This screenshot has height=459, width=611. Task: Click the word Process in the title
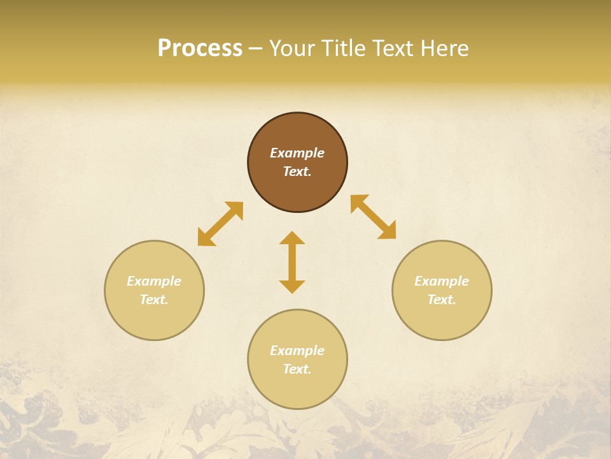click(x=200, y=48)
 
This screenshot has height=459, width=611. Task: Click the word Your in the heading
click(x=292, y=48)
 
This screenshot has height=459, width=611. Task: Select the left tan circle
click(x=154, y=319)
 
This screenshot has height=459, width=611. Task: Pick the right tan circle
click(x=442, y=319)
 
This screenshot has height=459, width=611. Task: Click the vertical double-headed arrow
click(x=292, y=262)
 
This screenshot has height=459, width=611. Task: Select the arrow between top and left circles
click(x=220, y=224)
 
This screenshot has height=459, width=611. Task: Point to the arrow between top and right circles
click(x=373, y=217)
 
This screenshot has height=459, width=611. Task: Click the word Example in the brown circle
click(x=297, y=153)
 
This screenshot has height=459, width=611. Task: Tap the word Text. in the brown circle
click(x=297, y=171)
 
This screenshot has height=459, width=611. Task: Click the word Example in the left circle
click(x=154, y=281)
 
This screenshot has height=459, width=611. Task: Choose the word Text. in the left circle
click(x=154, y=300)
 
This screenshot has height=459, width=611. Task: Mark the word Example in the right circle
click(x=442, y=281)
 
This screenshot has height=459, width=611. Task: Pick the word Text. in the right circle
click(x=442, y=300)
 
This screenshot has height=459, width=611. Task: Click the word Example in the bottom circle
click(x=297, y=351)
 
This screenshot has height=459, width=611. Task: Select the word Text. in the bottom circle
click(x=297, y=369)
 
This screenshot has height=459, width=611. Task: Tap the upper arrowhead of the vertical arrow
click(x=292, y=238)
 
